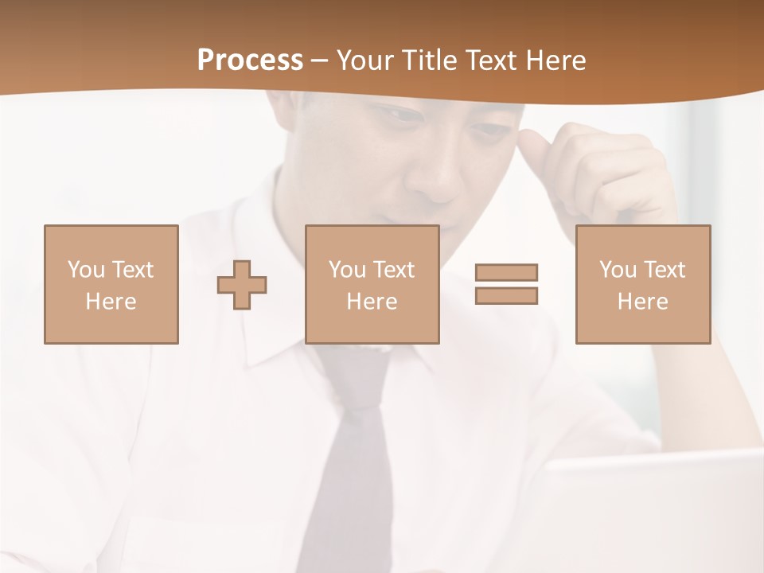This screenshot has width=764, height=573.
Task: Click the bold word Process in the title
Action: (x=250, y=60)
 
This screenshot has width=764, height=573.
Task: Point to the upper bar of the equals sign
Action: (x=506, y=272)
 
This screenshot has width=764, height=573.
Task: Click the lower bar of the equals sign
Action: (x=506, y=296)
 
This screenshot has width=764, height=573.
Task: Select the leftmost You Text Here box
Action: (x=111, y=284)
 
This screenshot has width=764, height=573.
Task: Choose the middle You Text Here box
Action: (x=372, y=284)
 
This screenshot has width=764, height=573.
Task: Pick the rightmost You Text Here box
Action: (x=642, y=284)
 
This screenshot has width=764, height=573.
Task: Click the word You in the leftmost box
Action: (x=86, y=270)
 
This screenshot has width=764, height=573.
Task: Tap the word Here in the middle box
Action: (x=372, y=302)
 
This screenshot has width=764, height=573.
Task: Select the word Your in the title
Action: (x=365, y=60)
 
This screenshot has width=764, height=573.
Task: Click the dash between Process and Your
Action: (x=320, y=61)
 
